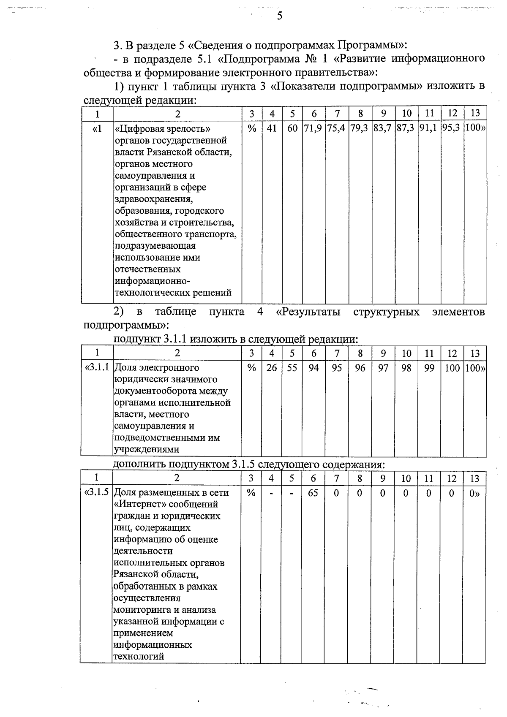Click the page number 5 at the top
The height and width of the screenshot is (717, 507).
(279, 16)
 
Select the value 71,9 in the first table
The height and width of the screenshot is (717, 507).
(314, 128)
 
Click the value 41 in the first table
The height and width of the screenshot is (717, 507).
(272, 128)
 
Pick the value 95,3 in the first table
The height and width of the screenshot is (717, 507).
(452, 128)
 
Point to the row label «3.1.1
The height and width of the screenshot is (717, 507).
(97, 367)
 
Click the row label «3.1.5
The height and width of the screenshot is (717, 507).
(97, 492)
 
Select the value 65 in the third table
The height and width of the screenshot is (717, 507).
(313, 492)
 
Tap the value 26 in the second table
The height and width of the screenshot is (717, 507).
(272, 368)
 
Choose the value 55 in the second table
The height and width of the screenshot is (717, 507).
(292, 368)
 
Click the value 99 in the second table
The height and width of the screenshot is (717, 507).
(429, 368)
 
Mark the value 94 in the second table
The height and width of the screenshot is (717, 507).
(313, 368)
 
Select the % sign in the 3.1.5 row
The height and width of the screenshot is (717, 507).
(251, 492)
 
